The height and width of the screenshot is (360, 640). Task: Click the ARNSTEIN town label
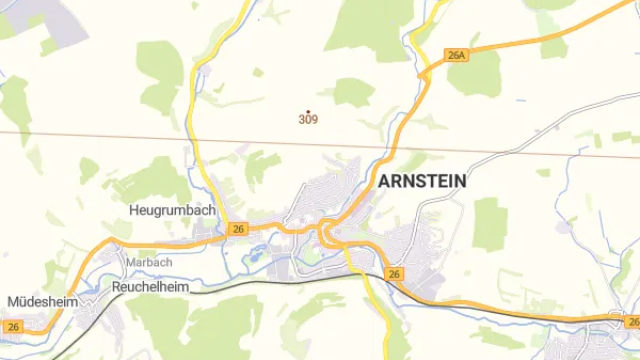point(422,181)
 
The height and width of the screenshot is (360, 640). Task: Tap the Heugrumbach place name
point(172,210)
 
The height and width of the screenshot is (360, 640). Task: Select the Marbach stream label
point(149,262)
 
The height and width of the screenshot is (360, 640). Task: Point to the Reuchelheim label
point(150,286)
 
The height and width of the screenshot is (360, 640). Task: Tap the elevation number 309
point(309,119)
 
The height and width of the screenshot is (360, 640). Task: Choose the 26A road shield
point(458,56)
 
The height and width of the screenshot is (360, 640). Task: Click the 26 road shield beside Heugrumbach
point(237,229)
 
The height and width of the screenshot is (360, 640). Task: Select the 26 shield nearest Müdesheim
point(12,326)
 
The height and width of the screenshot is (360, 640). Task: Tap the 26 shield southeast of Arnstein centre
point(395,274)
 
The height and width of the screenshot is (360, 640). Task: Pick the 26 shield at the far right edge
point(632,322)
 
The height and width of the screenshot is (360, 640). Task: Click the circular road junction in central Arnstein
point(328,236)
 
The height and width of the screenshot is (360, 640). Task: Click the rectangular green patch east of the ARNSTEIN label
point(490,222)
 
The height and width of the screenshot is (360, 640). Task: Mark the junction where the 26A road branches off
point(428,70)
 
